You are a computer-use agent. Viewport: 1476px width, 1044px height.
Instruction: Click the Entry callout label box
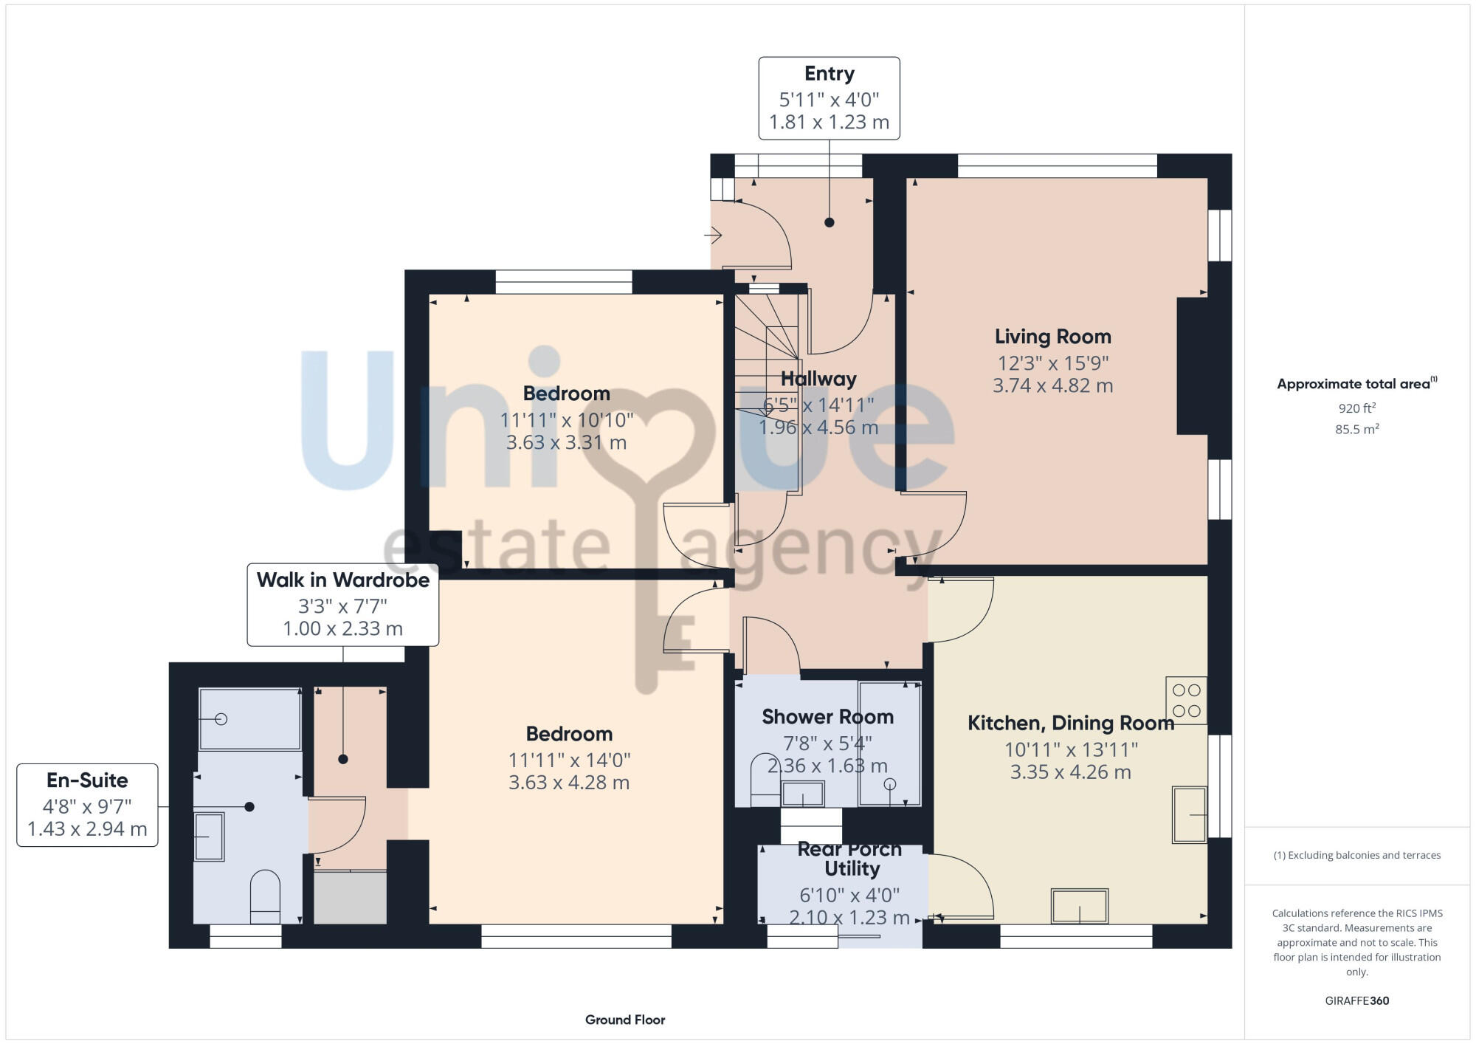(x=829, y=98)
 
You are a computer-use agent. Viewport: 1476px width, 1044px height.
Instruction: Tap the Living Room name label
(x=1052, y=337)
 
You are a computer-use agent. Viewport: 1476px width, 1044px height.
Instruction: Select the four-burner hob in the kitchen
(x=1186, y=700)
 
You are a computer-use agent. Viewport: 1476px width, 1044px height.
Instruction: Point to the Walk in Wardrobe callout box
(x=342, y=605)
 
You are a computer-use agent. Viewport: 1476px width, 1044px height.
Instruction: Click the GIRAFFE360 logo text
(x=1356, y=1001)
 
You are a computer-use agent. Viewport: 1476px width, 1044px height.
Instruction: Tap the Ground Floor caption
(x=625, y=1020)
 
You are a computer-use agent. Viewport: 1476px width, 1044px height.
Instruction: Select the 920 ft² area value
(x=1356, y=408)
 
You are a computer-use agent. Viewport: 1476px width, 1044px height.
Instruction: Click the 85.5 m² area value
(x=1356, y=429)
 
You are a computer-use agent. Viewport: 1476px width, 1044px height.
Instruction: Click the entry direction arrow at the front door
(x=713, y=236)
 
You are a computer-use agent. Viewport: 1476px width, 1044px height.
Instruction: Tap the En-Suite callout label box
(x=87, y=805)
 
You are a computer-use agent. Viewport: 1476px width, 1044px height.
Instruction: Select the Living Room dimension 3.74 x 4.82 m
(x=1052, y=385)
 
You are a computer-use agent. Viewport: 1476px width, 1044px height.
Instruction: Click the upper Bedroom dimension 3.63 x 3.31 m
(x=566, y=442)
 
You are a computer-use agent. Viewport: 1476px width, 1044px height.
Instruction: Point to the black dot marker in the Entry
(x=829, y=222)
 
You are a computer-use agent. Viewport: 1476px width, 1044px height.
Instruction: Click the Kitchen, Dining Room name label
(x=1070, y=723)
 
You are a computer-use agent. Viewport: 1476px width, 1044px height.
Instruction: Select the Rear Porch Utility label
(x=850, y=859)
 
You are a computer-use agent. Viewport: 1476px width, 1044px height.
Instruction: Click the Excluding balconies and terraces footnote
(x=1356, y=855)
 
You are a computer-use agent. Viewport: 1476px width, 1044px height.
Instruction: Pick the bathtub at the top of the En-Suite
(x=249, y=718)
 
